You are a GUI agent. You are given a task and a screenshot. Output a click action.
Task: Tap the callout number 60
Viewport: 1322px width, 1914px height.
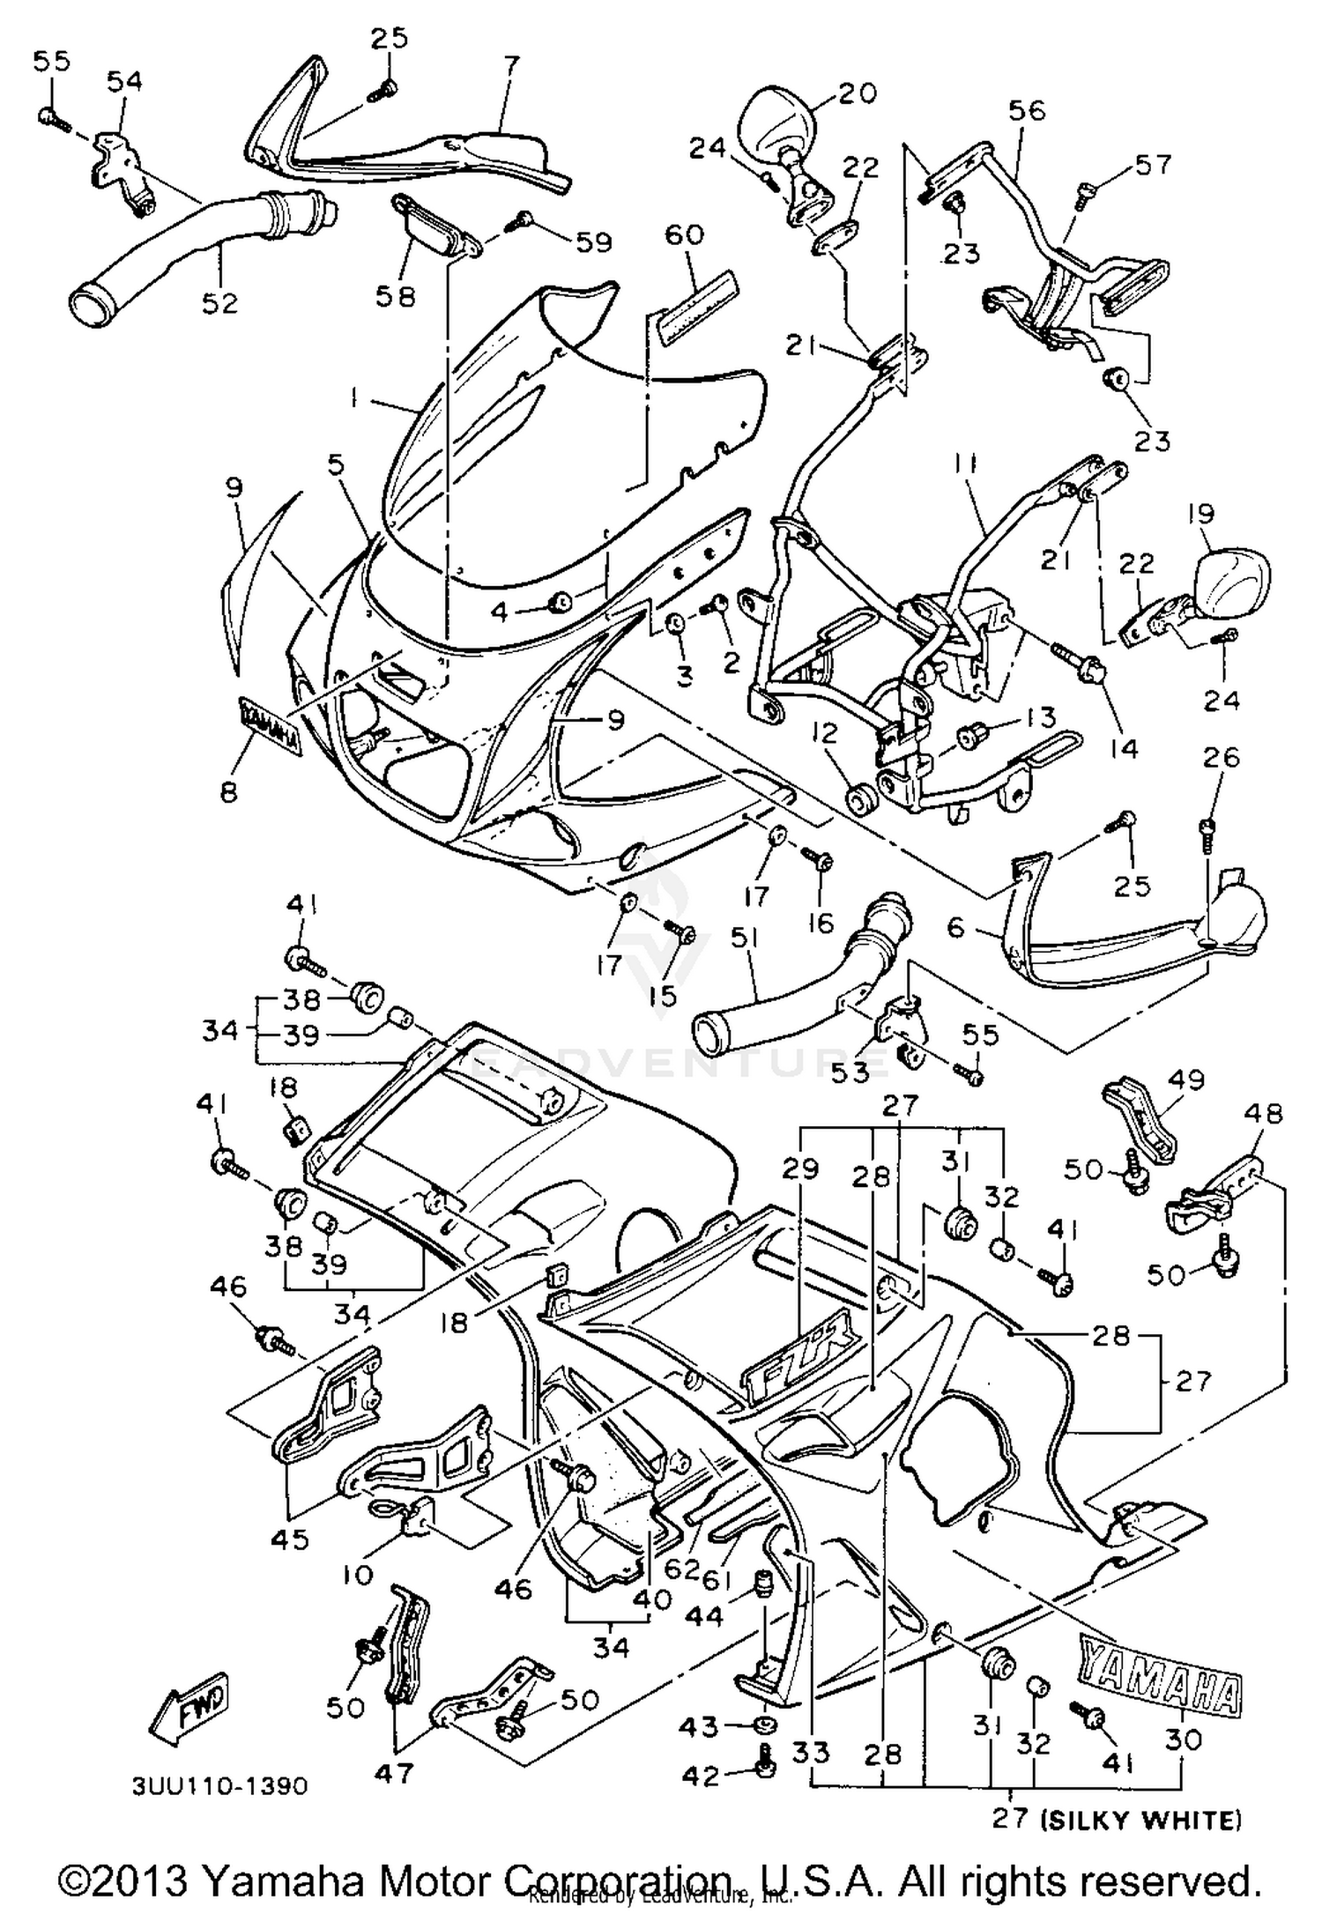tap(684, 235)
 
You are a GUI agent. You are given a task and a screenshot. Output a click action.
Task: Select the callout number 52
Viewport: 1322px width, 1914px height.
tap(219, 302)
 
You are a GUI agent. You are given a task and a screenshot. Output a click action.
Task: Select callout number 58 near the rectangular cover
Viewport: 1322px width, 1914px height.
tap(395, 297)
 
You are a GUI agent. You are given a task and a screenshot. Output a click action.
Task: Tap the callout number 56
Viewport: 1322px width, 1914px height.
tap(1027, 112)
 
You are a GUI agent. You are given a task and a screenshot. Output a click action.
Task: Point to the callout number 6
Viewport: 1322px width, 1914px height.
tap(957, 927)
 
